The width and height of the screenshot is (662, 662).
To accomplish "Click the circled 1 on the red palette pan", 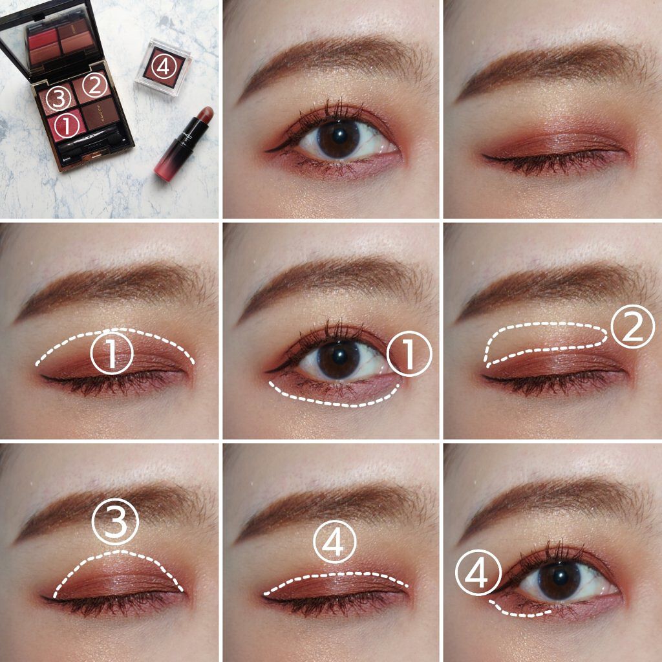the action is tap(67, 126).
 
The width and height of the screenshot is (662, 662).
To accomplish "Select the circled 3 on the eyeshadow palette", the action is tap(58, 98).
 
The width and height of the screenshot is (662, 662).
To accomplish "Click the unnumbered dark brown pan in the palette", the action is tap(100, 113).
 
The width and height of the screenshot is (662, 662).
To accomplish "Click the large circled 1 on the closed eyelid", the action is tap(111, 353).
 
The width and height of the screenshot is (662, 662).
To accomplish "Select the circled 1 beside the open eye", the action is tap(409, 354).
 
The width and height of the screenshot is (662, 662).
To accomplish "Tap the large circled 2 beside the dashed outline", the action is tap(633, 326).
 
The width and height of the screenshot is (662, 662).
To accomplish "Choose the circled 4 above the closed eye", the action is tap(335, 542).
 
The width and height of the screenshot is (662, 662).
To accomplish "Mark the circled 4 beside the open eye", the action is tap(478, 573).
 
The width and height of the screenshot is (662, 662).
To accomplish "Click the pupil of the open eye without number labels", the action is tap(339, 136).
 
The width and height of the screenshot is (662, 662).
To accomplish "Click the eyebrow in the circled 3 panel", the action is tap(110, 504).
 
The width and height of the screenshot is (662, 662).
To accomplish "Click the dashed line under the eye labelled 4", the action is tap(517, 611).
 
